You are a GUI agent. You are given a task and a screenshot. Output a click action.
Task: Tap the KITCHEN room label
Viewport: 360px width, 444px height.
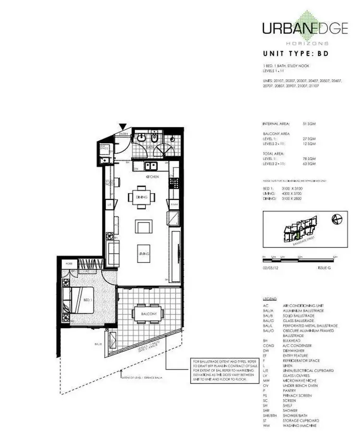click(x=153, y=177)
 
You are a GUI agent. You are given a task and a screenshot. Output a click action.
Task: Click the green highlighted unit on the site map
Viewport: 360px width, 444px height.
click(x=298, y=234)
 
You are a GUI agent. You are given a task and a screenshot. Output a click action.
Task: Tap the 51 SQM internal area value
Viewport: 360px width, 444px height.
click(x=309, y=123)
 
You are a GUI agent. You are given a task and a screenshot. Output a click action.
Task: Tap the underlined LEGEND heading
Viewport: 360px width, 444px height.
click(x=270, y=298)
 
